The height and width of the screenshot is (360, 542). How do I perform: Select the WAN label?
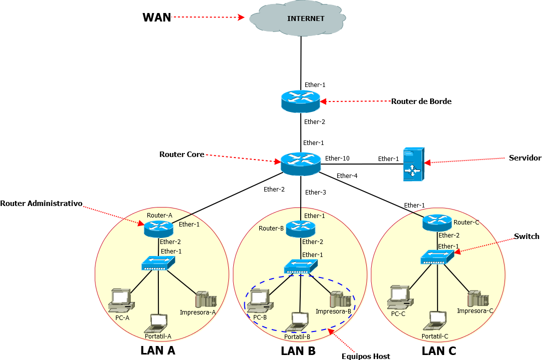coord(157,17)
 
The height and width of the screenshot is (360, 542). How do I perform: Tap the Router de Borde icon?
coord(300,101)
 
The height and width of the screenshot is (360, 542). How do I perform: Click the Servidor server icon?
coord(414,164)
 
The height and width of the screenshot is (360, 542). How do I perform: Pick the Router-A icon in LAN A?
coord(159,228)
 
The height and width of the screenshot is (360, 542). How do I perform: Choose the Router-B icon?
coord(301,228)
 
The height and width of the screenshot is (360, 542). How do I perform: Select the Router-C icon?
coord(437,222)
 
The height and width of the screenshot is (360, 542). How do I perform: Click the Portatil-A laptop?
coord(158,323)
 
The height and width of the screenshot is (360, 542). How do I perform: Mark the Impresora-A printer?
coord(206,299)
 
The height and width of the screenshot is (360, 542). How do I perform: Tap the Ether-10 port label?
coord(337,158)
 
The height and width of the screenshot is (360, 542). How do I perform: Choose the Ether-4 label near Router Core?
coord(347,175)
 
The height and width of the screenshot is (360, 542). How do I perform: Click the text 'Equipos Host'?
coord(366,356)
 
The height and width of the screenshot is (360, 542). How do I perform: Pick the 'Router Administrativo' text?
coord(41,203)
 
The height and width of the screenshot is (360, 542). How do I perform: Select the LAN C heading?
coord(439,351)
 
